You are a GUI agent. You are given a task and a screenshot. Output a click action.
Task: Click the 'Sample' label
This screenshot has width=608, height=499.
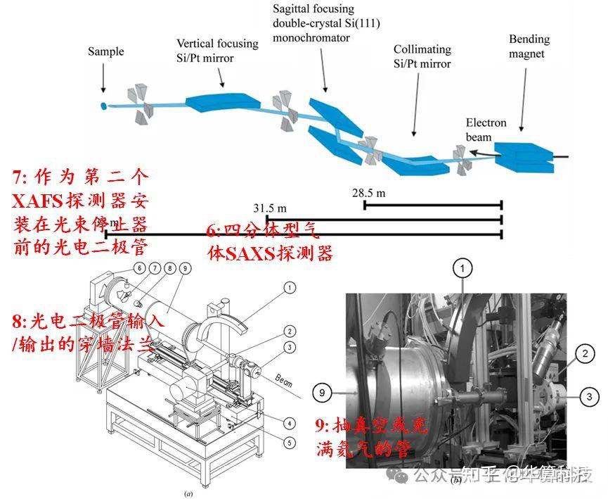click(x=105, y=51)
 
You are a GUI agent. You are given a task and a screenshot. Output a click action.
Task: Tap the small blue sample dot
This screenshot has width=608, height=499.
click(x=103, y=106)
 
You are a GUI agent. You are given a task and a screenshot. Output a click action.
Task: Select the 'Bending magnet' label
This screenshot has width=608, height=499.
click(x=529, y=46)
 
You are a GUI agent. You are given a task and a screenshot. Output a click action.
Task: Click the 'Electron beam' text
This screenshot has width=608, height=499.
click(x=485, y=130)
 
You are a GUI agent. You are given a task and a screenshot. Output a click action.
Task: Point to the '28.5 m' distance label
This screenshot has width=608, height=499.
click(x=370, y=191)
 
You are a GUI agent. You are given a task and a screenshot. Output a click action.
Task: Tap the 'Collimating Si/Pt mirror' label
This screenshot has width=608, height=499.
click(x=422, y=56)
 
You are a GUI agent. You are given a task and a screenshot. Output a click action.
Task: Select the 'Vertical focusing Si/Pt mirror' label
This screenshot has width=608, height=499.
click(x=217, y=49)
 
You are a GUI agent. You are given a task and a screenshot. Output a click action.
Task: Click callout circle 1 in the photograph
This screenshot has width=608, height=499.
click(x=462, y=267)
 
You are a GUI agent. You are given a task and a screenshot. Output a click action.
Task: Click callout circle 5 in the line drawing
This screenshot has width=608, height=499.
click(x=289, y=443)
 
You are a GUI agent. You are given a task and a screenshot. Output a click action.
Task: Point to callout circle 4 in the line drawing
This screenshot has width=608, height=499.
click(x=289, y=423)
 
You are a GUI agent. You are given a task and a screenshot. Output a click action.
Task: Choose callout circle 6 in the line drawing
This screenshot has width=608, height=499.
click(x=140, y=268)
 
